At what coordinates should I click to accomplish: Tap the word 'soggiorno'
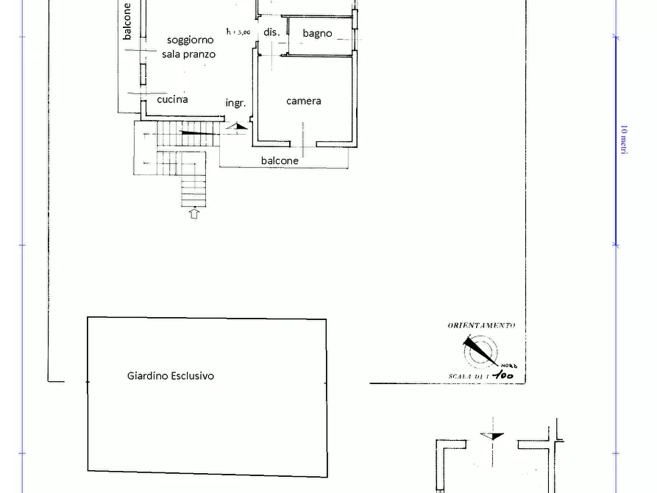(x=190, y=40)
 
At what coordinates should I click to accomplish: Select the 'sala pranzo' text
(x=189, y=54)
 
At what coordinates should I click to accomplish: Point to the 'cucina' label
(x=172, y=99)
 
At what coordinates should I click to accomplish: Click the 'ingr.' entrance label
(x=235, y=103)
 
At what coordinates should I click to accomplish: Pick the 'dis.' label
(x=271, y=32)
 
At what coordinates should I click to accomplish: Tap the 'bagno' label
(x=317, y=33)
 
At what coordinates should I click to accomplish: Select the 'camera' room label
(x=303, y=101)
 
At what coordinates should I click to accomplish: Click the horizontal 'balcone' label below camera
(x=280, y=160)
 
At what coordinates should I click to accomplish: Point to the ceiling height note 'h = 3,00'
(x=238, y=32)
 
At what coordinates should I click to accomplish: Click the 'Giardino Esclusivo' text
(x=171, y=375)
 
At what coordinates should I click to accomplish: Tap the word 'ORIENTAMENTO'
(x=481, y=325)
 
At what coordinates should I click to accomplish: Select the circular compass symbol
(x=480, y=351)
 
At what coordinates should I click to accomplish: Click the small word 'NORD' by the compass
(x=509, y=366)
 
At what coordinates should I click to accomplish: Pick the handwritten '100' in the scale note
(x=503, y=376)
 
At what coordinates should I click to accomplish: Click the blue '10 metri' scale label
(x=622, y=140)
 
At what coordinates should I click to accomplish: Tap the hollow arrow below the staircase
(x=194, y=214)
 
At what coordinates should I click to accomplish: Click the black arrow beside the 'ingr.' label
(x=237, y=127)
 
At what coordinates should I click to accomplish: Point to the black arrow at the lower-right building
(x=491, y=436)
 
